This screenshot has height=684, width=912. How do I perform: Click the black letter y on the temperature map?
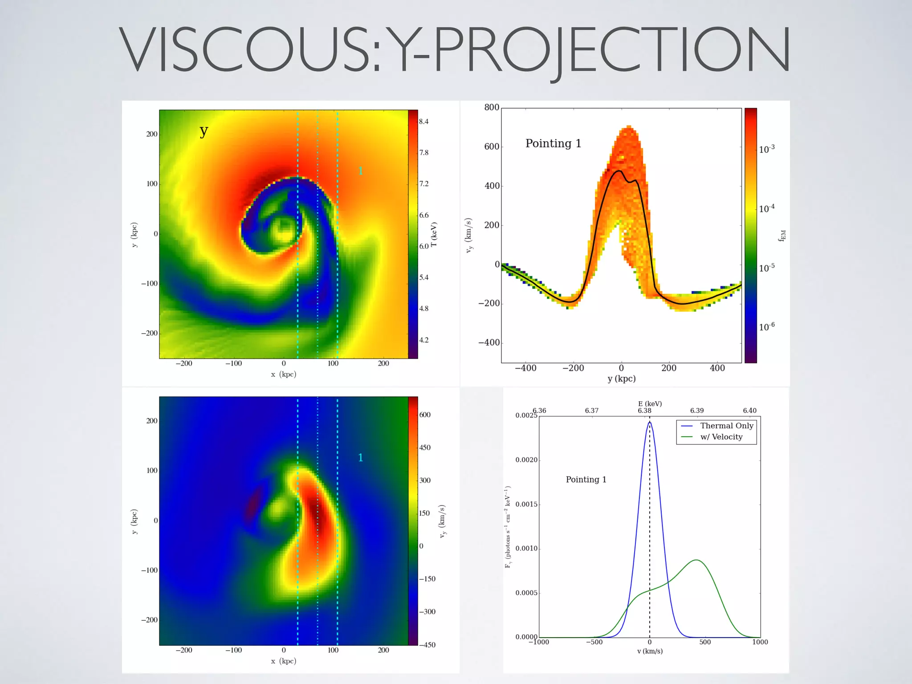(204, 131)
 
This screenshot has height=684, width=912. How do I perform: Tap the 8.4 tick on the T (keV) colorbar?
(423, 122)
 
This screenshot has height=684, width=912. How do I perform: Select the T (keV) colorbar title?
(434, 234)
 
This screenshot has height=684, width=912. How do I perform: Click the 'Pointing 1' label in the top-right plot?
(553, 143)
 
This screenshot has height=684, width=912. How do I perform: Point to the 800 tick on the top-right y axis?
(492, 107)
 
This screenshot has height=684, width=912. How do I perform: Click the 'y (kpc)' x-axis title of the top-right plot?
(621, 379)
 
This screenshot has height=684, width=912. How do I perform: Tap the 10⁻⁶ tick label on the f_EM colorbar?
(767, 327)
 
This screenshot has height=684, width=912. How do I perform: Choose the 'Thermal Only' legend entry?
(726, 426)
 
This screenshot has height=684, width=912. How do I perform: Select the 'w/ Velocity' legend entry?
(721, 437)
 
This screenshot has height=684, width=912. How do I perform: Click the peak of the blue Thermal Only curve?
(650, 422)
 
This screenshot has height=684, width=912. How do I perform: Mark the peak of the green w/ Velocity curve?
(696, 560)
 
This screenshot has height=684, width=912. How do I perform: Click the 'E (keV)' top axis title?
(650, 404)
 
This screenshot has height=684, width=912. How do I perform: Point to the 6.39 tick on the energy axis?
(697, 411)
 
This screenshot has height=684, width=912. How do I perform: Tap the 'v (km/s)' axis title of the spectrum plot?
(650, 651)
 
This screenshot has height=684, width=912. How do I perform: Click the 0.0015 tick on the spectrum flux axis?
(526, 504)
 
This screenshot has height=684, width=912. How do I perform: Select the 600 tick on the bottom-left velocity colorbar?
(425, 415)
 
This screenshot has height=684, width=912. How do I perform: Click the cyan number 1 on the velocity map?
(361, 457)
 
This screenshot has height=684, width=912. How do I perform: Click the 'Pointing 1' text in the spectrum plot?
(586, 480)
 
